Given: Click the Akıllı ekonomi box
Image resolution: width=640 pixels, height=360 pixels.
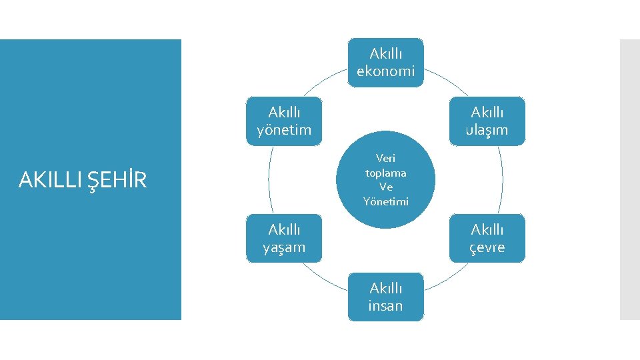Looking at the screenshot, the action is (x=385, y=62).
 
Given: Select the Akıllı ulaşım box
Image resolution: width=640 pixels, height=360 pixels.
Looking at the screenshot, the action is (x=487, y=121).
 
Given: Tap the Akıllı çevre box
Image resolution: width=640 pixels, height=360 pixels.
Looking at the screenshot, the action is (x=487, y=238).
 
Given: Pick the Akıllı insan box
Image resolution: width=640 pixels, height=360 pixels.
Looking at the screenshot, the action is (x=385, y=297).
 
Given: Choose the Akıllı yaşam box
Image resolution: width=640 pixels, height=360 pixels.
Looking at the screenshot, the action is (x=284, y=238).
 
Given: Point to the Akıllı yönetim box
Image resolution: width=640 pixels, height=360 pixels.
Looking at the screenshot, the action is (x=284, y=121).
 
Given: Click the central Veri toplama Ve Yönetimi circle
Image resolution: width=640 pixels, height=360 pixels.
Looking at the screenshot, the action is (x=386, y=179).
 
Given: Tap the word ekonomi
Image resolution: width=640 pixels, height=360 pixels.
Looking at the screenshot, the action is (x=385, y=71).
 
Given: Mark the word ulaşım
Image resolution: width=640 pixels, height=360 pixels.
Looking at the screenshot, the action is (x=487, y=129).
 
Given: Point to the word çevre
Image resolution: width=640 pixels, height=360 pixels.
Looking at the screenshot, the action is (x=487, y=247).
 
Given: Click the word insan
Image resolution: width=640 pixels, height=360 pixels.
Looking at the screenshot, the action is (x=385, y=306).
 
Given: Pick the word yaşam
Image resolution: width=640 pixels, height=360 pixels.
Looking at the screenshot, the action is (x=284, y=247).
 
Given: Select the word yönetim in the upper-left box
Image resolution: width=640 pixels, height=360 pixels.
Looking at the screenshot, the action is (x=284, y=129).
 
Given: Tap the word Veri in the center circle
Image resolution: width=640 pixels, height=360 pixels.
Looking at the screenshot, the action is (x=386, y=159).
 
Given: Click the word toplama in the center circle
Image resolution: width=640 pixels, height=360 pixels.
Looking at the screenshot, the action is (x=386, y=173).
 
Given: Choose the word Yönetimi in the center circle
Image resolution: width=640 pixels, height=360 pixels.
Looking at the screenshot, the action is (x=386, y=201).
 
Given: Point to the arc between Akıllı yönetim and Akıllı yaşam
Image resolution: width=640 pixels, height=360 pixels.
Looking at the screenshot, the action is (x=269, y=179).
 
